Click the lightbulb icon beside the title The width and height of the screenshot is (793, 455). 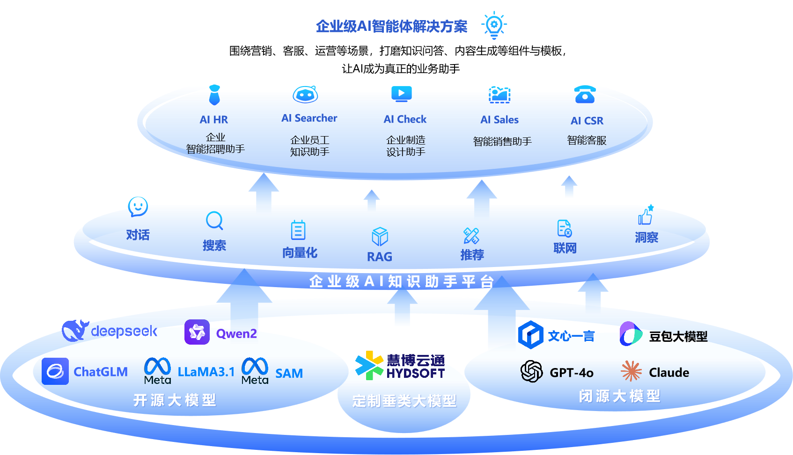coord(494,25)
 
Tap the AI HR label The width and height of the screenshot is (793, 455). coord(214,120)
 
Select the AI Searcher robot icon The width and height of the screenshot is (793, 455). coord(305,94)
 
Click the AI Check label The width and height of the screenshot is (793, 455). coord(405,119)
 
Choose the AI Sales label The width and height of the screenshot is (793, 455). coord(499,120)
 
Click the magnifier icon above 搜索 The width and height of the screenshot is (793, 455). coord(214,221)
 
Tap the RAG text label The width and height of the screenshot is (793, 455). coord(379,257)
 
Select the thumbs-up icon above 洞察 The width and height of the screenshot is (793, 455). coord(646,216)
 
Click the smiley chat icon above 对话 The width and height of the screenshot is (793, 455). coord(138,206)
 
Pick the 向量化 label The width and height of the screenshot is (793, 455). coord(300,253)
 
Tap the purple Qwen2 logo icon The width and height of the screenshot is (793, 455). coord(197,332)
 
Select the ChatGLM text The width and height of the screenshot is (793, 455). coord(101,372)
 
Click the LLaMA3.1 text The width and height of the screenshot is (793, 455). coord(206,372)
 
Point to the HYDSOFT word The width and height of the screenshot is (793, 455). coord(416,373)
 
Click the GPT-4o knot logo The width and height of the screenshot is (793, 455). coord(532,372)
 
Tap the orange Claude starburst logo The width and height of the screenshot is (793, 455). coord(631,371)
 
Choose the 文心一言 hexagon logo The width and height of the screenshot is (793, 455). coord(531,335)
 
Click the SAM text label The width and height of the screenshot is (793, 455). coord(289,374)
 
